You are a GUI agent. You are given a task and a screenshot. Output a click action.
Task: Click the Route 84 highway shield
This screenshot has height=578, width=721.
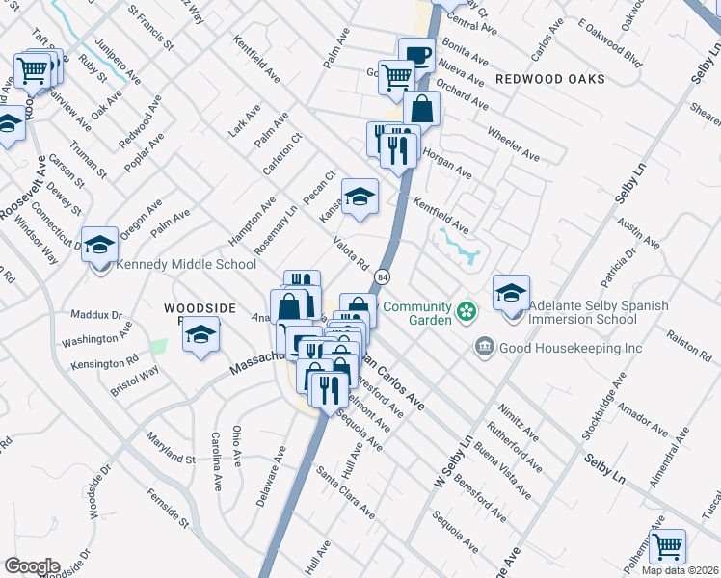383,276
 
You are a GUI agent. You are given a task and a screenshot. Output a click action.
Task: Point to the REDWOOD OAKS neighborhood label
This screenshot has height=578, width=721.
550,78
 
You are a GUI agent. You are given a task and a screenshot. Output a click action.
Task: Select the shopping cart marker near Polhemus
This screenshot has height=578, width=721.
667,546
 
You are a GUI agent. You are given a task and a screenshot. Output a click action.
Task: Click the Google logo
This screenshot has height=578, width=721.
32,566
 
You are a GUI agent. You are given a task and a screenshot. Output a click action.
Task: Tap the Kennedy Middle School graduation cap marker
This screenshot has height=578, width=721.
99,244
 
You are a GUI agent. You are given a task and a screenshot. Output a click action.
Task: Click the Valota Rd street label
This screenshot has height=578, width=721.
351,253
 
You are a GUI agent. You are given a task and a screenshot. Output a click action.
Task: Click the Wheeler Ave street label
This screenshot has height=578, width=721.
514,142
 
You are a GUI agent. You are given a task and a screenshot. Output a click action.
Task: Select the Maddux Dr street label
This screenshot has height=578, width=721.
96,315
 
